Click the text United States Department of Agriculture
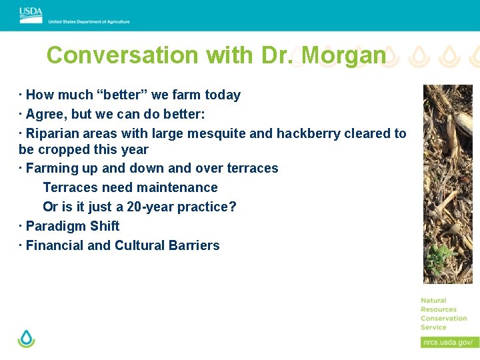(89, 22)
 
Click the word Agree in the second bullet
(45, 114)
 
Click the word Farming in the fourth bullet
(52, 168)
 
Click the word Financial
(55, 245)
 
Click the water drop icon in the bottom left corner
(26, 338)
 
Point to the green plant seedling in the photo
(441, 256)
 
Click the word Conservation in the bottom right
(443, 318)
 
